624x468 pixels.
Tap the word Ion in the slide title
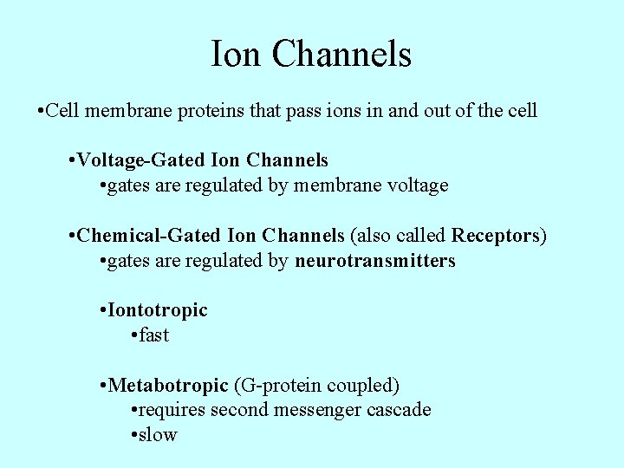237,55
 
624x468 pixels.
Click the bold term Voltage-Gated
141,161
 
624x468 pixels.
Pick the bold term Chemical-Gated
148,236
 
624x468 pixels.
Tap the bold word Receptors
496,236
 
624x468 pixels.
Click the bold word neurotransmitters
374,261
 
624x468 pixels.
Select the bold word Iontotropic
158,310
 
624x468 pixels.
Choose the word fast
154,335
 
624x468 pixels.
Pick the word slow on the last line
158,435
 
